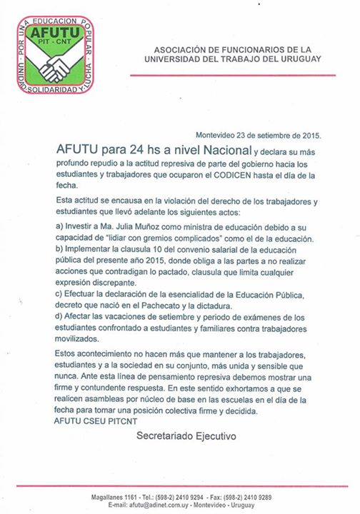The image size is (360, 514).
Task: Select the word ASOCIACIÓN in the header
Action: click(x=188, y=49)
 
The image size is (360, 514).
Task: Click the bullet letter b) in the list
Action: click(x=60, y=251)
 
